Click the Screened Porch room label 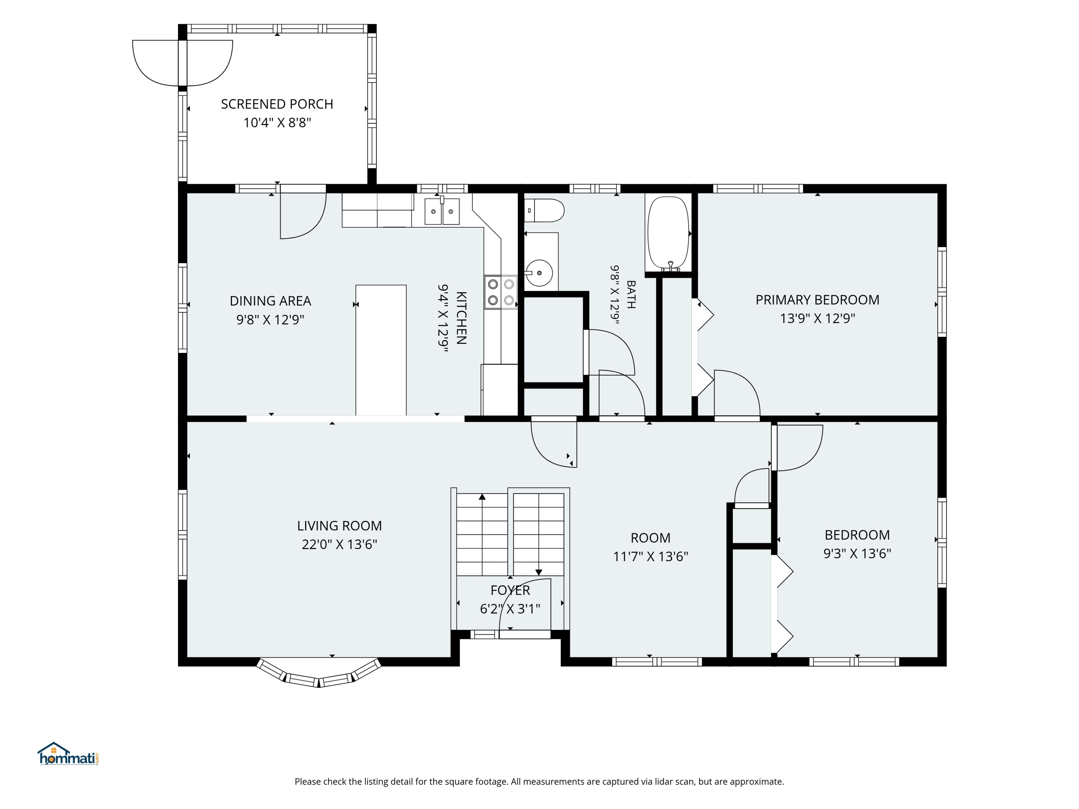277,104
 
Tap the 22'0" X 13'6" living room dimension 340,544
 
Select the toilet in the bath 545,210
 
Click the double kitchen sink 442,211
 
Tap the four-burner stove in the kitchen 501,292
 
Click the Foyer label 510,590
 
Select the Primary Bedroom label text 818,300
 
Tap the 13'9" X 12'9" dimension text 818,319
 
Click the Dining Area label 270,301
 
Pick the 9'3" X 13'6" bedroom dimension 857,553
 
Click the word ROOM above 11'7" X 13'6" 650,538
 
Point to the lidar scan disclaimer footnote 539,782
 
